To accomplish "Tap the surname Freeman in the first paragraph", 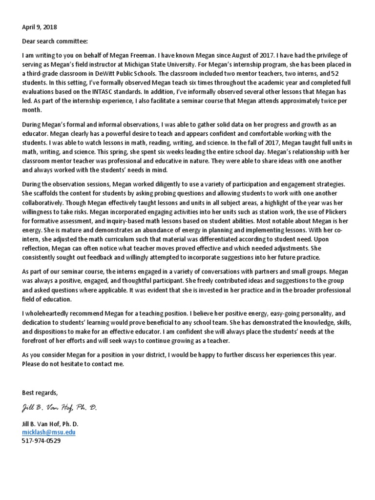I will (x=175, y=57).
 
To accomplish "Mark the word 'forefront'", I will (x=38, y=340).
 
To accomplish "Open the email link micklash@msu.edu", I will (x=48, y=432).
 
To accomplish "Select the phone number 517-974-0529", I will (x=42, y=440).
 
